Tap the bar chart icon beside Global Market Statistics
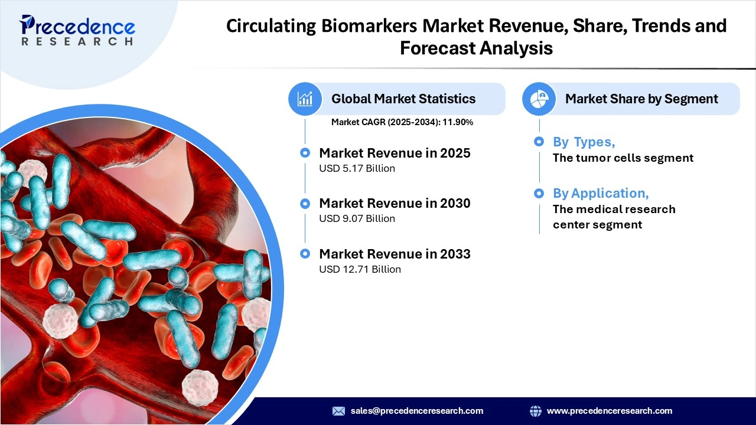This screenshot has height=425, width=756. click(305, 99)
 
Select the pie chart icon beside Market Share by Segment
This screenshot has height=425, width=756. click(539, 99)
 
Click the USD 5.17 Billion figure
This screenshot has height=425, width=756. click(357, 168)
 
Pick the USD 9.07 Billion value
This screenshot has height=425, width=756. click(357, 218)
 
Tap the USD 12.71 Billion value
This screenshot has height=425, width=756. click(360, 269)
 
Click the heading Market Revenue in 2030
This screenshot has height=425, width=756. click(395, 203)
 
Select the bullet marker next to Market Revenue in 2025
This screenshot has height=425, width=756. click(305, 153)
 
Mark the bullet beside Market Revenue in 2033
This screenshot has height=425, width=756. click(305, 254)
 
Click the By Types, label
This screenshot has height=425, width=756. click(584, 142)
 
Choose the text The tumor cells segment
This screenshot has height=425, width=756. click(623, 158)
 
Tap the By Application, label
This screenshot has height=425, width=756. click(600, 193)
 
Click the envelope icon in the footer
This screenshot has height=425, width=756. click(338, 411)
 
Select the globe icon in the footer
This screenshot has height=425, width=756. click(536, 411)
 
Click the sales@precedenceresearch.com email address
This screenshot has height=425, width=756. click(417, 411)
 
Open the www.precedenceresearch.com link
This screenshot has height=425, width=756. click(610, 411)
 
